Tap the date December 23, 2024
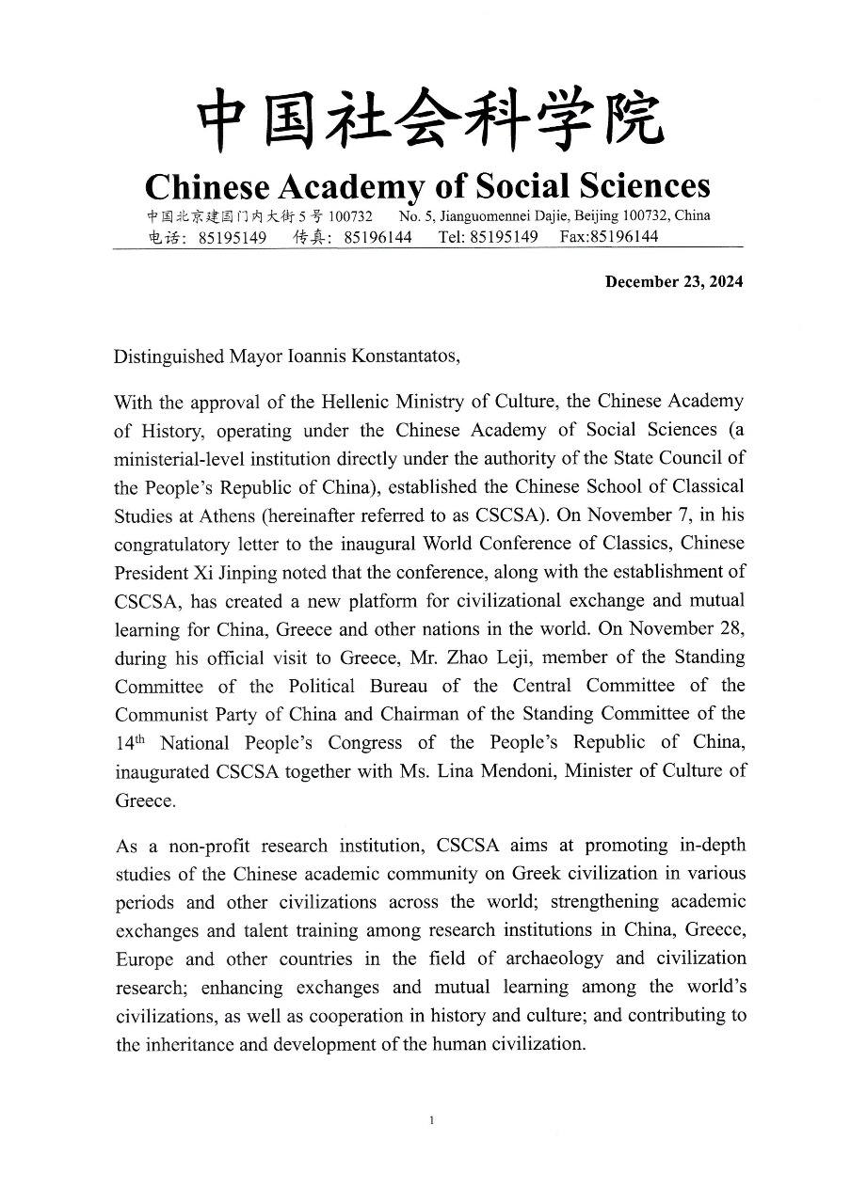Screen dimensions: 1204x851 [673, 282]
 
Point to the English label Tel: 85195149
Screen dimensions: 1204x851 [488, 237]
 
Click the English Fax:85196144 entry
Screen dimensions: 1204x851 [609, 237]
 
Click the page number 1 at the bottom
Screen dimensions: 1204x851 [430, 1120]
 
